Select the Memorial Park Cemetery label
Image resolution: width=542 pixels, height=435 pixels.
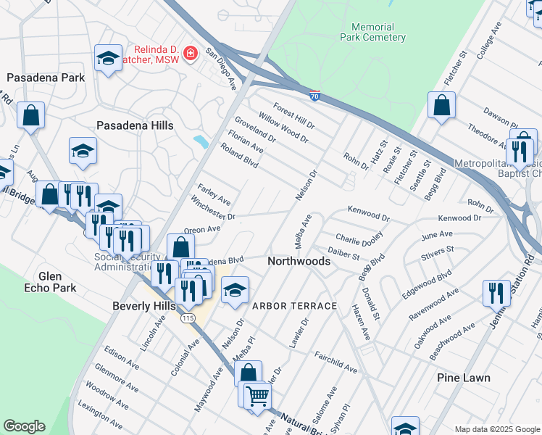(x=373, y=32)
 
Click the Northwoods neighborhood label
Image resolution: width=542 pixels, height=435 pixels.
(x=299, y=261)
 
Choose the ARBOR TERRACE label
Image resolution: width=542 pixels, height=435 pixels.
(x=294, y=306)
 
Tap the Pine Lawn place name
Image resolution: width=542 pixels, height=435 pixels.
(x=464, y=378)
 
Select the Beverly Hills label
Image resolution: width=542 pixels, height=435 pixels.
(x=144, y=306)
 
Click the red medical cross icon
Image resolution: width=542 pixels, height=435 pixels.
(x=191, y=53)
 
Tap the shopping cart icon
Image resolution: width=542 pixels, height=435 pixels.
(x=257, y=396)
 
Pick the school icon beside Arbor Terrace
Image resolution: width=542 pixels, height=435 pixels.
(x=235, y=291)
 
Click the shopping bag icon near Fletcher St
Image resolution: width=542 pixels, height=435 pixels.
(x=441, y=106)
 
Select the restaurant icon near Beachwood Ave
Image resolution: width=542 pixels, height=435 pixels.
(x=496, y=293)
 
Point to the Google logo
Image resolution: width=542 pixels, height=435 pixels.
(x=24, y=426)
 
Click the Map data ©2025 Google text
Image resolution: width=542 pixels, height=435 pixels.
(x=496, y=429)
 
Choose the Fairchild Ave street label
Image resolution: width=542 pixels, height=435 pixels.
(x=335, y=362)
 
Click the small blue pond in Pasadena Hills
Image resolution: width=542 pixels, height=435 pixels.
(x=201, y=141)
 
